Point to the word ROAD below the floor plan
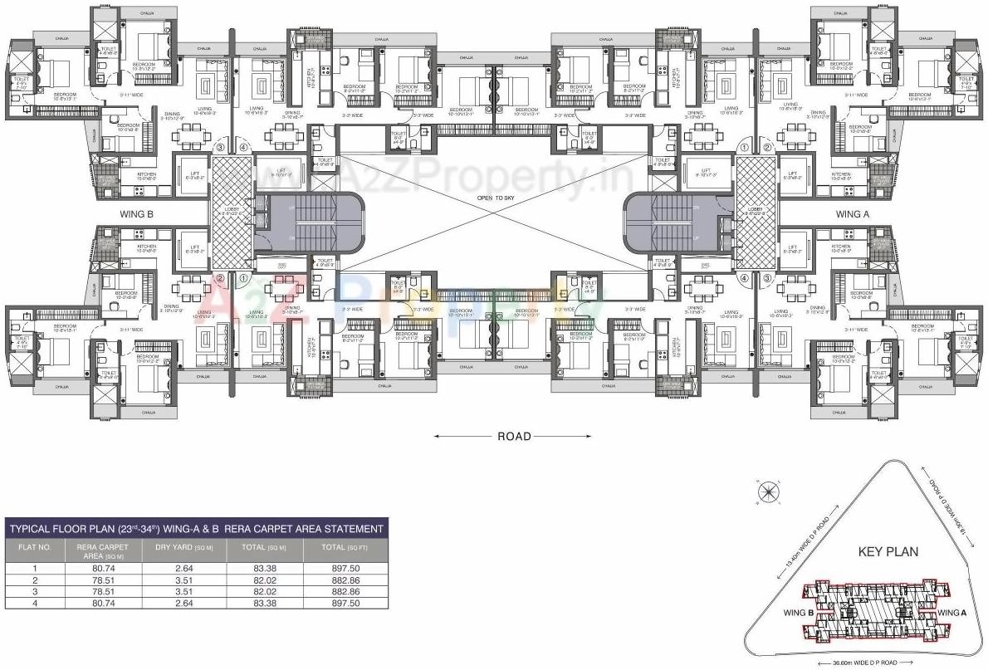click(514, 436)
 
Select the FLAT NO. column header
click(35, 547)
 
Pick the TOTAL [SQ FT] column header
click(345, 547)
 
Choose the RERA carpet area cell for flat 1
click(100, 569)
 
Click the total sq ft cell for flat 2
click(345, 580)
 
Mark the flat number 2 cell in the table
click(35, 580)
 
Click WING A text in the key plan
click(952, 613)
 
